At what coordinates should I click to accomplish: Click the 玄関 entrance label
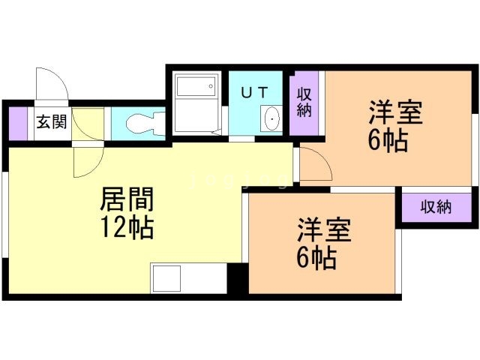click(x=51, y=122)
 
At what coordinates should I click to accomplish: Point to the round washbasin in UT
click(x=271, y=118)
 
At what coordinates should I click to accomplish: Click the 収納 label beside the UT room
click(x=304, y=103)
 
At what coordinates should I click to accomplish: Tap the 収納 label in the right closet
click(x=436, y=206)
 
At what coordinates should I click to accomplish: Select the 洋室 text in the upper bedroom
click(x=394, y=115)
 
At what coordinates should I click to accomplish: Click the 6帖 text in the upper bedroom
click(x=388, y=141)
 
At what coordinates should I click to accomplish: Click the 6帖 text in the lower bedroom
click(x=316, y=259)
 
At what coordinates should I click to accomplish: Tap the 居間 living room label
click(x=127, y=200)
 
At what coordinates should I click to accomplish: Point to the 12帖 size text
click(x=127, y=226)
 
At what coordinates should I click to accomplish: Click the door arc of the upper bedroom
click(x=314, y=165)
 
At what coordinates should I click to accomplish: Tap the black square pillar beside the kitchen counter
click(x=237, y=280)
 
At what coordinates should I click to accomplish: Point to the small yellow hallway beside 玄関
click(x=88, y=124)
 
